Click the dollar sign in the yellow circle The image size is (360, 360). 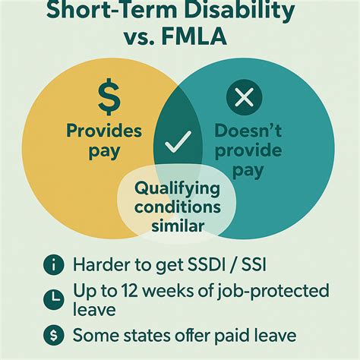click(109, 96)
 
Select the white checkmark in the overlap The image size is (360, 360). click(180, 140)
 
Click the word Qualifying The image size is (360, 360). click(177, 188)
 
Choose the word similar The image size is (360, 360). click(177, 226)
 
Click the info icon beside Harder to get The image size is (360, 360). click(53, 265)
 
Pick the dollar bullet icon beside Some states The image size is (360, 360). click(53, 333)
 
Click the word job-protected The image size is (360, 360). click(273, 290)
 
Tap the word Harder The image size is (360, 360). click(103, 265)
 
